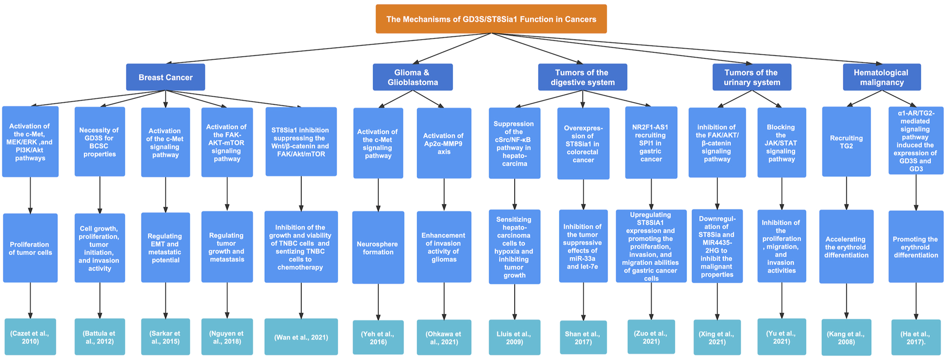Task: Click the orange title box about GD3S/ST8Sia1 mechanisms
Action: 491,19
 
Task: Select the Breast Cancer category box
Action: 165,78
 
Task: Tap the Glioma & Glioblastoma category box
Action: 412,78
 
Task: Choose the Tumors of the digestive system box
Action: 582,78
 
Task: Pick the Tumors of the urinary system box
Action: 751,78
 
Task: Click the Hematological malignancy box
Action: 881,78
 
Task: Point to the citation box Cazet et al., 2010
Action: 30,337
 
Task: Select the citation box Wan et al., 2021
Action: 301,337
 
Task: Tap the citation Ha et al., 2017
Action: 915,337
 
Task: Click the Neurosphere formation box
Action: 378,248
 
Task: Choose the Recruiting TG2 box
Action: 846,142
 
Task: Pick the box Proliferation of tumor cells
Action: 30,248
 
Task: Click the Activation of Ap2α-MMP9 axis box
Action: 444,143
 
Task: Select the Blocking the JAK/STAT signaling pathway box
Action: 781,143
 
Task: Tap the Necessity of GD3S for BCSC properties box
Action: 100,142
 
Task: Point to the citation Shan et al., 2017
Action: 583,338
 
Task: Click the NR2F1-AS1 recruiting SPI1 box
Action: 651,143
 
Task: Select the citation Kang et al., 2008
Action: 846,338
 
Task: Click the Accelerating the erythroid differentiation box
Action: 846,247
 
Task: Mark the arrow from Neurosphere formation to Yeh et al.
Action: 378,302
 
